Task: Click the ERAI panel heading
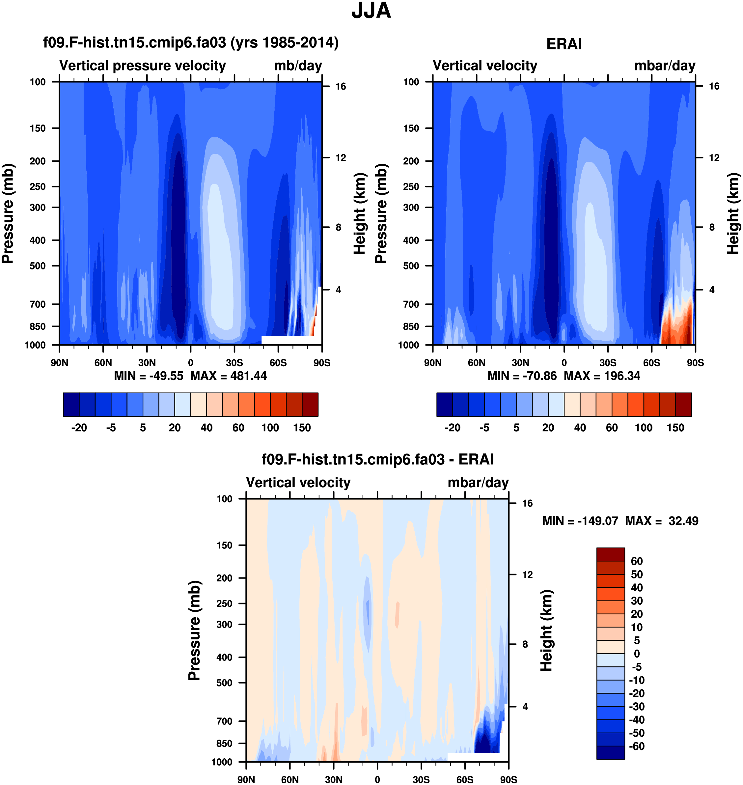564,44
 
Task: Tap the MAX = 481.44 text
229,376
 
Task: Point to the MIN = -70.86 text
522,376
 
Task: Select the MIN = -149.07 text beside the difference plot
580,521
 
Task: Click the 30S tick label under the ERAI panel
608,363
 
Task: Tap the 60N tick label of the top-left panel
103,363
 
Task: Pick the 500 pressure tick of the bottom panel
224,683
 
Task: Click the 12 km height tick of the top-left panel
341,158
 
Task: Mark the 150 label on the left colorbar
302,428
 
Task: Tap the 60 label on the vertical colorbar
637,561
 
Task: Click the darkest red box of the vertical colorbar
610,554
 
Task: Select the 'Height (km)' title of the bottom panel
547,630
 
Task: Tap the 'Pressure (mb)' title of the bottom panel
194,630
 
